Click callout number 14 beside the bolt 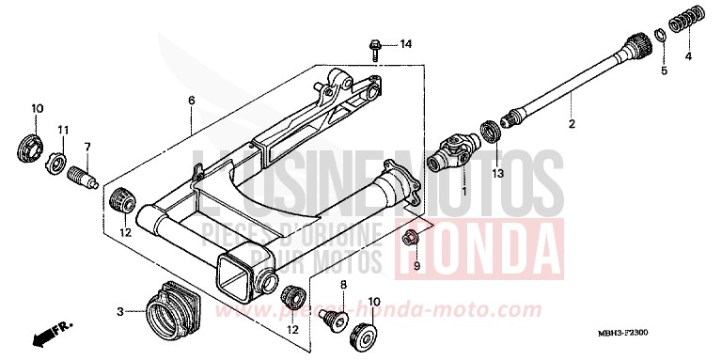406,45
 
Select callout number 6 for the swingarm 191,101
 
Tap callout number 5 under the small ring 663,70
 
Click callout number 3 119,311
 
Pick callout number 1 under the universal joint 463,191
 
